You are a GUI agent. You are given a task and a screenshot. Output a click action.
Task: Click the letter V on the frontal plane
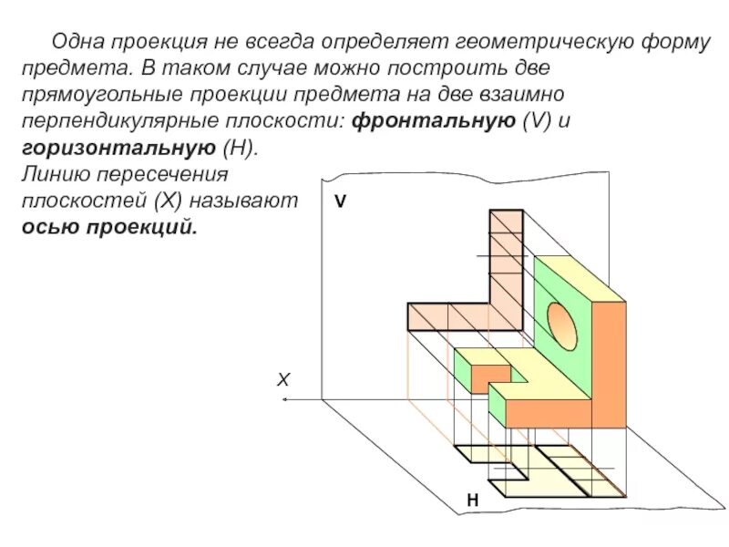coord(340,203)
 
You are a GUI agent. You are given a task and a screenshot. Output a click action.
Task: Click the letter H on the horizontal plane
coord(472,501)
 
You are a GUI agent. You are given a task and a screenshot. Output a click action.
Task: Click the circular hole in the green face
coord(561,324)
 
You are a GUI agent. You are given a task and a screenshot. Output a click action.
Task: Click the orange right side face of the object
coord(609,365)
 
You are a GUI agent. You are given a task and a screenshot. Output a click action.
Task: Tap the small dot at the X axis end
coord(285,399)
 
